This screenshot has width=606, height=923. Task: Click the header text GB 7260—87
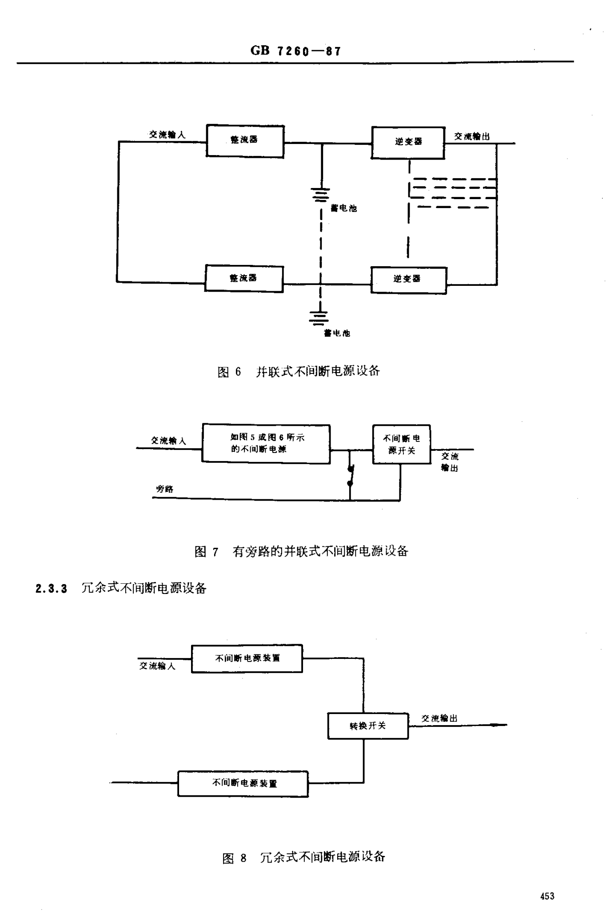tap(296, 51)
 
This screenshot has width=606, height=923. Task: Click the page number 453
tap(547, 896)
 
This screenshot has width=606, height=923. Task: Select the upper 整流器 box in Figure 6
tap(245, 141)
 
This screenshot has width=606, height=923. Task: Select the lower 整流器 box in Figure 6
tap(244, 279)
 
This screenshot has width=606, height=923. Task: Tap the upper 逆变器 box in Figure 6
tap(408, 142)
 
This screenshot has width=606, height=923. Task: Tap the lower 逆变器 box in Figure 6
tap(408, 280)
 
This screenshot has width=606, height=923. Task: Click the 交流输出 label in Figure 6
tap(472, 137)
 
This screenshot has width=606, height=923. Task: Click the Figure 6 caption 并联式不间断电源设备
tap(318, 371)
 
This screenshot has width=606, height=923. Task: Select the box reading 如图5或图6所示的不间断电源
tap(266, 443)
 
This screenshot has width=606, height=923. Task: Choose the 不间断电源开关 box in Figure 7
tap(401, 445)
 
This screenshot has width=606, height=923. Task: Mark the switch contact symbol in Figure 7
tap(350, 475)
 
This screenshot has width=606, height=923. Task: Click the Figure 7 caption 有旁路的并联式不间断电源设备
tap(320, 551)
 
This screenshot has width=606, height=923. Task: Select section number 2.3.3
tap(51, 589)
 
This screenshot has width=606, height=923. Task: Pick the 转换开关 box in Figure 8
tap(368, 726)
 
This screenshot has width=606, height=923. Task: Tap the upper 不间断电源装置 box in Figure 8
tap(247, 659)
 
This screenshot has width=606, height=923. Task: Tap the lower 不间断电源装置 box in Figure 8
tap(243, 784)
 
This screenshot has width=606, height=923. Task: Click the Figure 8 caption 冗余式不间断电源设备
tap(322, 858)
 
